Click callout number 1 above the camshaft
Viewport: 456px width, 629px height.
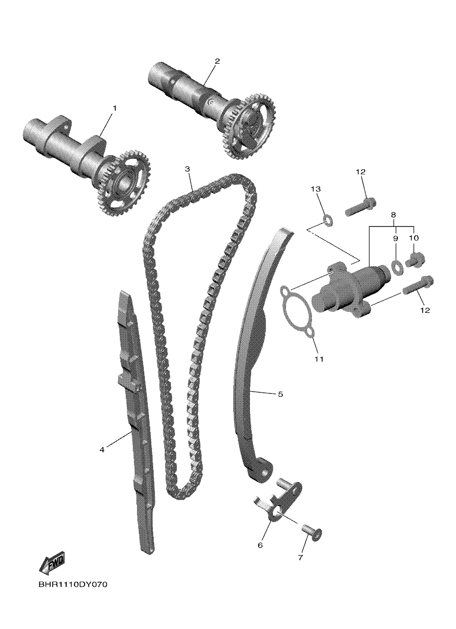coord(114,108)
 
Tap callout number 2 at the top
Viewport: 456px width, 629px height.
coord(217,61)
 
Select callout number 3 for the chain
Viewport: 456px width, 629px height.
coord(187,169)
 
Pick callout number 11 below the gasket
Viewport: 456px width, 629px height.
coord(319,359)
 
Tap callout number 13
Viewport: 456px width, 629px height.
coord(316,189)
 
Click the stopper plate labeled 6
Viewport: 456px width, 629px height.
coord(280,503)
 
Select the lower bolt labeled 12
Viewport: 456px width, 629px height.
coord(418,286)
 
